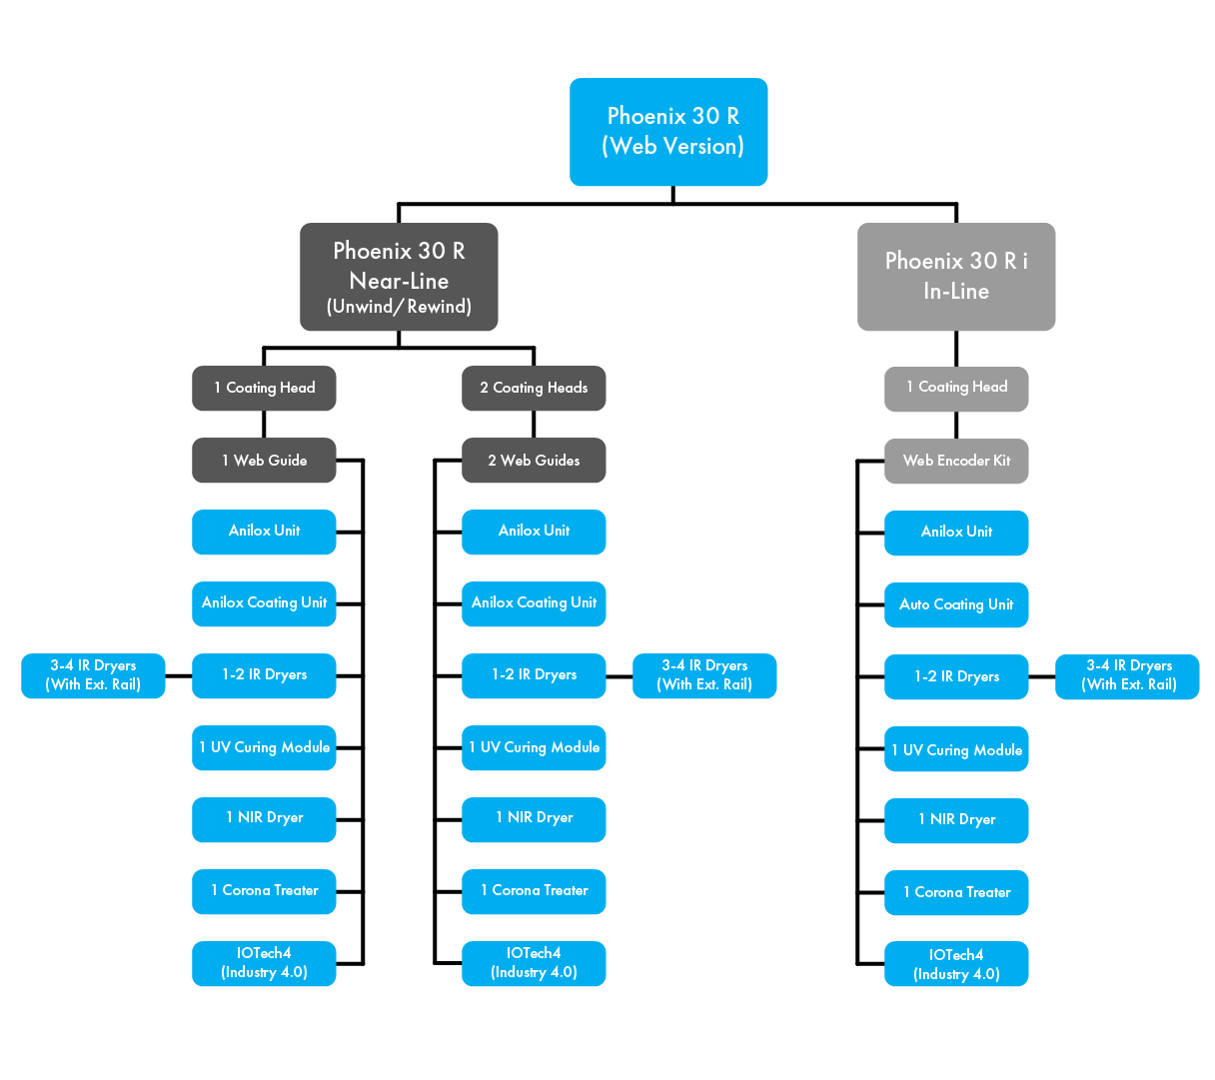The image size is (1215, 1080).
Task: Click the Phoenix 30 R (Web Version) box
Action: [x=668, y=131]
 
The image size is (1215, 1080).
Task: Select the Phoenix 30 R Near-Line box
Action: [x=399, y=277]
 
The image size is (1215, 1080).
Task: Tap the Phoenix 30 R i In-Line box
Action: [x=956, y=277]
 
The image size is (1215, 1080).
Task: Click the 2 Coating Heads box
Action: [x=534, y=388]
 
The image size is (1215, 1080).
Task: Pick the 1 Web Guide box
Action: [x=264, y=460]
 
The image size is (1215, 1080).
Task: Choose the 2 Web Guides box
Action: [x=534, y=460]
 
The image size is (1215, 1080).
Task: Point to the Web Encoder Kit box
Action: [x=956, y=461]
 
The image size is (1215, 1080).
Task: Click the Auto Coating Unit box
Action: [x=956, y=604]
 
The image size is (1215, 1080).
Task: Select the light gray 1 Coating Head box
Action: [x=956, y=389]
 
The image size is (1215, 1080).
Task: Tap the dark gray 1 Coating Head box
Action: [x=264, y=388]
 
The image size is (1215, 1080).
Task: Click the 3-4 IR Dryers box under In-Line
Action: [x=1127, y=676]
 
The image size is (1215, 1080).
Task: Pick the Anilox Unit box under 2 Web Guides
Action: [x=534, y=532]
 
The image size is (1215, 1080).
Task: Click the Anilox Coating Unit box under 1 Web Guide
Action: [x=264, y=603]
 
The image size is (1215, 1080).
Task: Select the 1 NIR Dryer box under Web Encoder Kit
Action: [x=956, y=820]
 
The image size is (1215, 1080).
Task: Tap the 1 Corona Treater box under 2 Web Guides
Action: [x=534, y=892]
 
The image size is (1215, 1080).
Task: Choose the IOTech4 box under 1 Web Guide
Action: [x=264, y=964]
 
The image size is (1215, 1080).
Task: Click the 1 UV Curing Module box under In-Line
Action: [x=956, y=748]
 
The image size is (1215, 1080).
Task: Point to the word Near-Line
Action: [x=399, y=281]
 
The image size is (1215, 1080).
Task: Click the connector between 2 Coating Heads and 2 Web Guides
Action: [x=534, y=424]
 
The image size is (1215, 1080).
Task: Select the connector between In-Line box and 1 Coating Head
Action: [x=956, y=349]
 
